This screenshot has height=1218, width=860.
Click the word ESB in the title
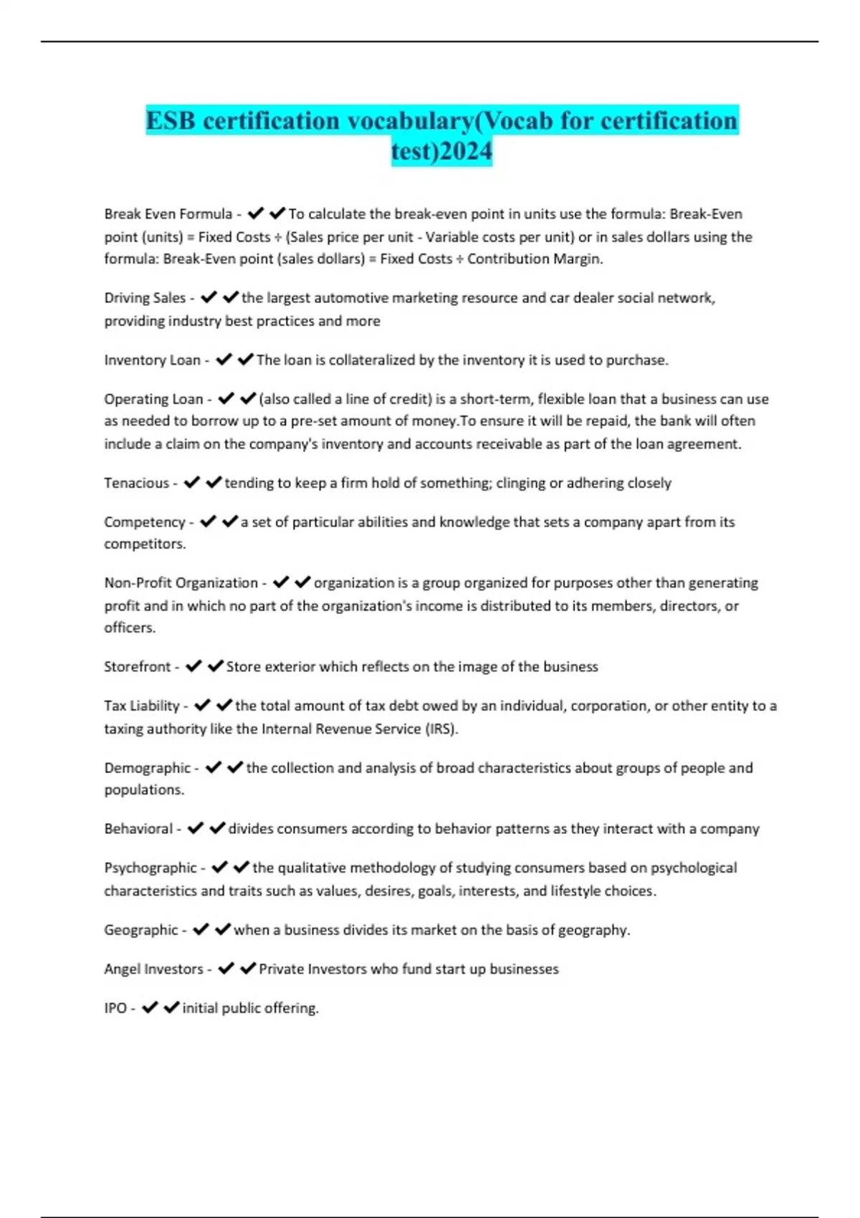pos(171,120)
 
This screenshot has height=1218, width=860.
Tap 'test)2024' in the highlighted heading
pos(441,151)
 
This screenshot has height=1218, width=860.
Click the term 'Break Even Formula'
pos(168,214)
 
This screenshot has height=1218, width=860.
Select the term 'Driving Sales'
pos(144,298)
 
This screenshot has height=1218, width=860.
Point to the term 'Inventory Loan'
pos(152,360)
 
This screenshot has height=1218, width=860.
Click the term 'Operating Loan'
pos(153,399)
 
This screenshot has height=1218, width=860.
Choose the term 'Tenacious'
pos(136,483)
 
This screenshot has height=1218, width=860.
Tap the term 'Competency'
pos(144,522)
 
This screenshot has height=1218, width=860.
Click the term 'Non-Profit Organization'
pos(181,583)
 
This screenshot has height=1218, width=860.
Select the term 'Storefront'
pos(137,667)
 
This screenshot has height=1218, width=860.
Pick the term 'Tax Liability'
pos(141,706)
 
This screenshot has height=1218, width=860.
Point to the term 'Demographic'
pos(147,768)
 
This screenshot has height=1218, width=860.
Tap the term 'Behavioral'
pos(138,829)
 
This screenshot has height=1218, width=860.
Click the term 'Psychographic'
pos(150,868)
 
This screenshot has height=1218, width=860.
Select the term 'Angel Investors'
pos(153,969)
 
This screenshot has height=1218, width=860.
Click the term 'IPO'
pos(115,1008)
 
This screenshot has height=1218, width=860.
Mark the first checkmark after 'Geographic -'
pos(201,929)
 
